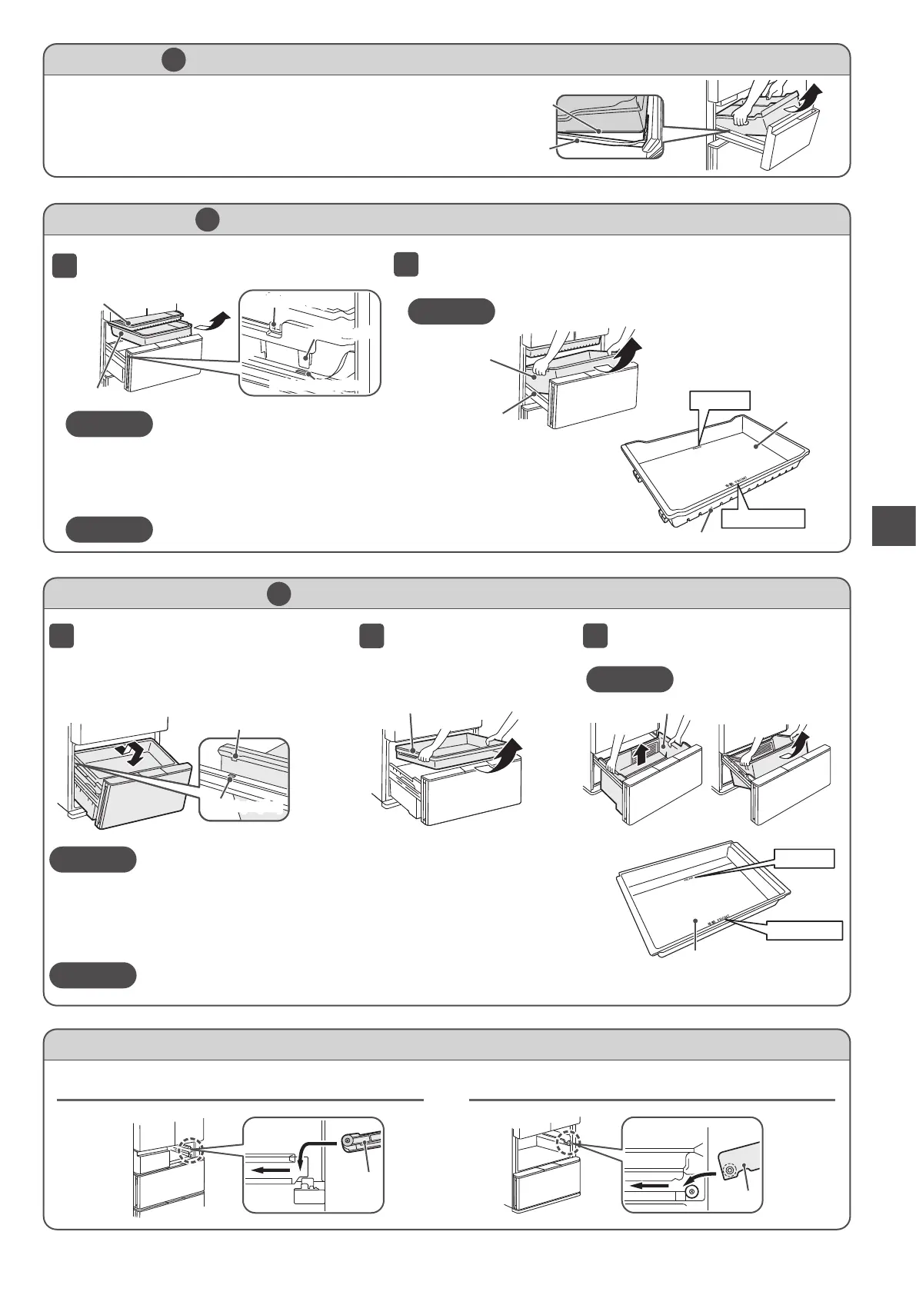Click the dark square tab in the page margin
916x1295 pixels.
[894, 525]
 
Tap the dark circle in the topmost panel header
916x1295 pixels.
[174, 59]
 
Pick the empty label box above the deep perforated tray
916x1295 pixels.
[719, 400]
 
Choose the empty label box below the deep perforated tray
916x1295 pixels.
[763, 518]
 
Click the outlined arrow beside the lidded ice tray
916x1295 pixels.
[214, 321]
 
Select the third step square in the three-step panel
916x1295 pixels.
[595, 636]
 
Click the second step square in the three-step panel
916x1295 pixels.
[371, 636]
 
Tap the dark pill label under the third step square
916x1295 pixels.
[629, 680]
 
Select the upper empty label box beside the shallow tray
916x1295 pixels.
[804, 858]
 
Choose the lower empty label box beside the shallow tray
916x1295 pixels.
[804, 930]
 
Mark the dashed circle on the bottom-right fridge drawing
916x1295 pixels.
[568, 1143]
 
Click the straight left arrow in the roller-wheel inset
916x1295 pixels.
[648, 1186]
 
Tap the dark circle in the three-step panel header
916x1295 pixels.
[278, 594]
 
